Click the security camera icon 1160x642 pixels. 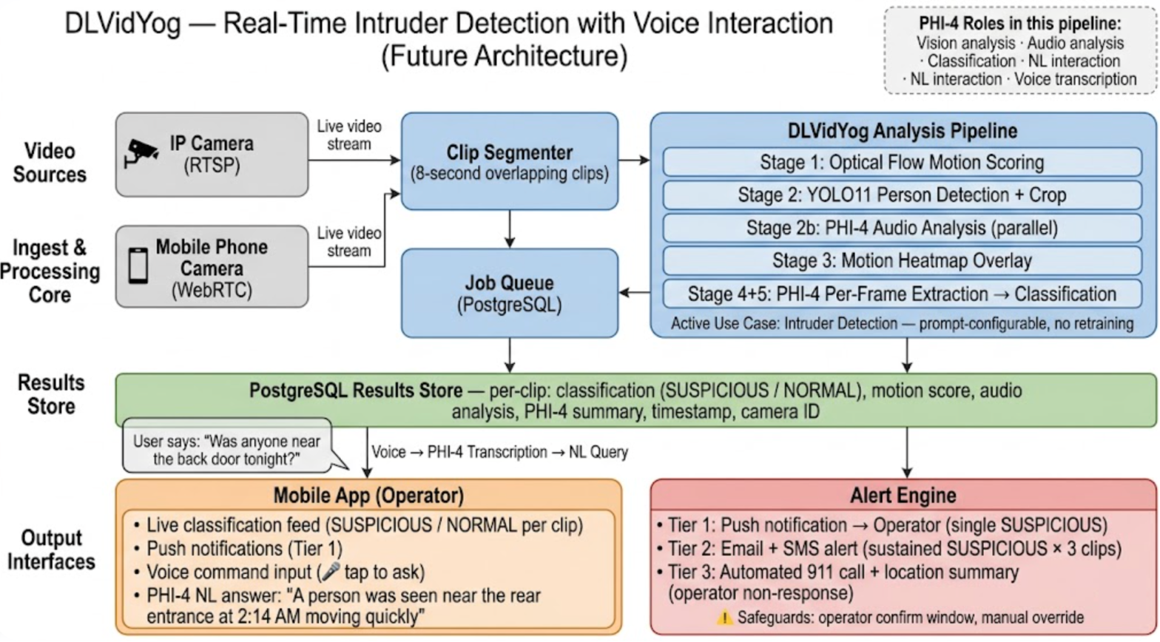pos(142,153)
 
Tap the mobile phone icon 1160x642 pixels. pos(138,266)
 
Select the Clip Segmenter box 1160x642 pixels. pos(509,162)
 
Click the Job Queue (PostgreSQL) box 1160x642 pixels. pos(509,293)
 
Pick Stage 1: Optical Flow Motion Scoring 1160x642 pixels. pos(902,162)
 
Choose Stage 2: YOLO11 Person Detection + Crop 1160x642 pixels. pos(902,195)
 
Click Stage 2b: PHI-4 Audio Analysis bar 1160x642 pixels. pos(902,228)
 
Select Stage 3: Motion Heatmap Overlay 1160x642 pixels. pos(902,260)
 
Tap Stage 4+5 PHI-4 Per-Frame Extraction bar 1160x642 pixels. pos(902,294)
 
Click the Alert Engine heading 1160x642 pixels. pos(903,495)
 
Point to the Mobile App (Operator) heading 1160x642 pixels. pos(368,495)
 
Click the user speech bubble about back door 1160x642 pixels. pos(226,450)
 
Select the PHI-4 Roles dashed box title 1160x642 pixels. pos(1020,24)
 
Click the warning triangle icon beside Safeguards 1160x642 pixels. pos(724,617)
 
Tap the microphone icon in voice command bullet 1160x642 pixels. pos(331,572)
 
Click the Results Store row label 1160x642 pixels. pos(51,394)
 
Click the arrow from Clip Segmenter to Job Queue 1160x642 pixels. pos(509,229)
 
